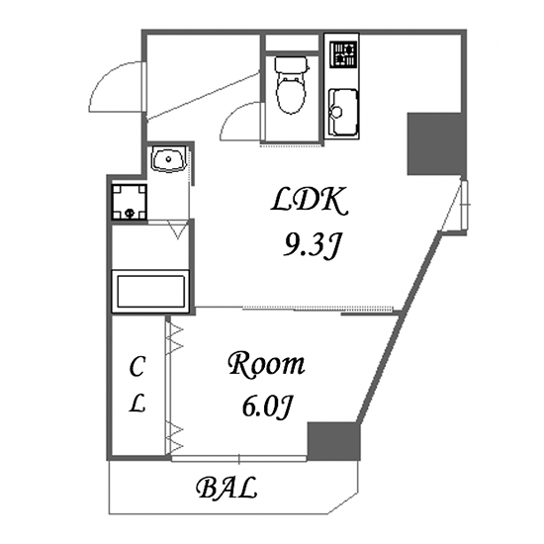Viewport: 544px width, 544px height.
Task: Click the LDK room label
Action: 310,200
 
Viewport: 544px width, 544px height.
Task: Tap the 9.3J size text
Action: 311,245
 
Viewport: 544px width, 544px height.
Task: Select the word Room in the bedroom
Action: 266,365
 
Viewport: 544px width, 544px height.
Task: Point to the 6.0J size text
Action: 266,407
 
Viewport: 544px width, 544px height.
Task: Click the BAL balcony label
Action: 227,488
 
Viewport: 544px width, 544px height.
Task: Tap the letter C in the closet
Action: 136,367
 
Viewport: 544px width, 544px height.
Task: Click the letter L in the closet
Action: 137,404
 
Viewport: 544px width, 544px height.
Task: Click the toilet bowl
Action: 291,94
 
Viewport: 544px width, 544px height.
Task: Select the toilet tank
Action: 292,64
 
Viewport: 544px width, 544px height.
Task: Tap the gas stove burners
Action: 343,54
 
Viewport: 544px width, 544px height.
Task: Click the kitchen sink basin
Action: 343,113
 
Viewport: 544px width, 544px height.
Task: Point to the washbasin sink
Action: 168,159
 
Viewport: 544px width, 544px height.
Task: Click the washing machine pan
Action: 129,202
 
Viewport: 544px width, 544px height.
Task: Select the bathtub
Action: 150,291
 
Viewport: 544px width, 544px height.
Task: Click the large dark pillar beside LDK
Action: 434,143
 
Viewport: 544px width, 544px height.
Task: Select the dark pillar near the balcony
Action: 332,441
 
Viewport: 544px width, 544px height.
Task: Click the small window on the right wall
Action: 464,205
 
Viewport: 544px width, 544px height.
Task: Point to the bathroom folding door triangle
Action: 178,229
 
